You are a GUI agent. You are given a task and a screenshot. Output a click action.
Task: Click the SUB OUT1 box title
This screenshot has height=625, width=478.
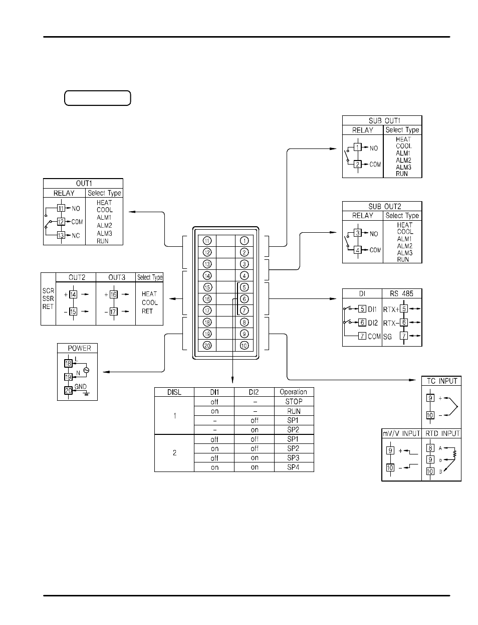(x=382, y=121)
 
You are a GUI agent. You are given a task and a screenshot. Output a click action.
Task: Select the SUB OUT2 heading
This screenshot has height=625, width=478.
(x=382, y=207)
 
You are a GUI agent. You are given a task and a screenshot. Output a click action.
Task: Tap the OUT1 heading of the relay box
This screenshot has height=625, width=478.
(x=83, y=184)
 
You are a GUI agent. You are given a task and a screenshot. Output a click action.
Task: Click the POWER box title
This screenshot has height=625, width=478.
(x=79, y=348)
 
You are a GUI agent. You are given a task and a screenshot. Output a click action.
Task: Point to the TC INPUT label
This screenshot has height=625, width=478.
(x=441, y=381)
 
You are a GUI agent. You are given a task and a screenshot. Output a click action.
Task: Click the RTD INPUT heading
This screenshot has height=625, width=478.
(x=441, y=433)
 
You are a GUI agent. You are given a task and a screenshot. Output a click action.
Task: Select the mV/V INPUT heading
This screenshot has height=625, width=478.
(x=401, y=433)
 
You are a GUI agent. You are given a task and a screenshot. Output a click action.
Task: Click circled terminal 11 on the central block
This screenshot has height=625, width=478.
(x=207, y=241)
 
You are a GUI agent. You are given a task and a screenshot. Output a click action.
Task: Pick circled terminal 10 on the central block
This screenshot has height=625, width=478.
(x=244, y=345)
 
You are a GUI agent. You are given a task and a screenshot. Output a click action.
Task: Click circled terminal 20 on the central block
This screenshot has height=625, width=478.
(x=207, y=345)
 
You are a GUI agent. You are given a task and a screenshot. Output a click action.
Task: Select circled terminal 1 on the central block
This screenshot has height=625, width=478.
(x=244, y=241)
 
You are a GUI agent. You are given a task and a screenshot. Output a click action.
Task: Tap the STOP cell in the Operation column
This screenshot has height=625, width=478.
(x=294, y=401)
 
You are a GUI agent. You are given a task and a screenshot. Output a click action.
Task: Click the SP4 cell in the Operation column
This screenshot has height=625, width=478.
(x=293, y=467)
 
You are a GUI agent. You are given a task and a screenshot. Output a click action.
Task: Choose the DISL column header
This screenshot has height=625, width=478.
(x=174, y=392)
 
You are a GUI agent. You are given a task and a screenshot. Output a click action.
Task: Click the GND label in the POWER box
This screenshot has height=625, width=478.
(x=80, y=387)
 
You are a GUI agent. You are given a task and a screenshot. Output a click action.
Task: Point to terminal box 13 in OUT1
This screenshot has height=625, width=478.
(x=61, y=235)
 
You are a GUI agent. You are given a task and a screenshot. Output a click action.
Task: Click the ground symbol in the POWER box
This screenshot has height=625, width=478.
(x=86, y=394)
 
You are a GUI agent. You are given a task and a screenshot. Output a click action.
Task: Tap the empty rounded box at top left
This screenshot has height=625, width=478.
(x=98, y=98)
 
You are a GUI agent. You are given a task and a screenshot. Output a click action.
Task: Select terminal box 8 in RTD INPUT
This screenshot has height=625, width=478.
(x=430, y=448)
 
